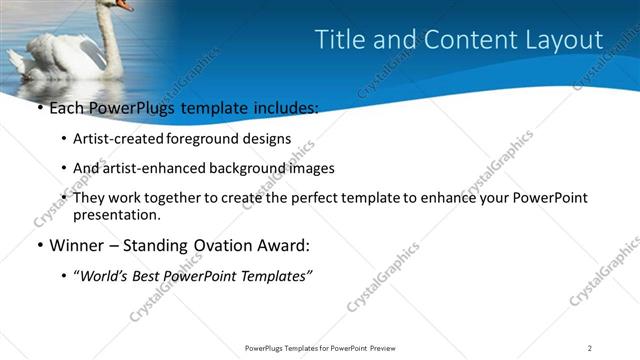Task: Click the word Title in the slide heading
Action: [339, 39]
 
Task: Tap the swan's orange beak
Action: [124, 4]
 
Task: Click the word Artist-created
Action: [119, 139]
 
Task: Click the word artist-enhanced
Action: [149, 168]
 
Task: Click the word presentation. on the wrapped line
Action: [116, 214]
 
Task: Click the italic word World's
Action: [105, 277]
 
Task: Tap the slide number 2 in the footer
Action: [590, 347]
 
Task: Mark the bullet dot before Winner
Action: [39, 246]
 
